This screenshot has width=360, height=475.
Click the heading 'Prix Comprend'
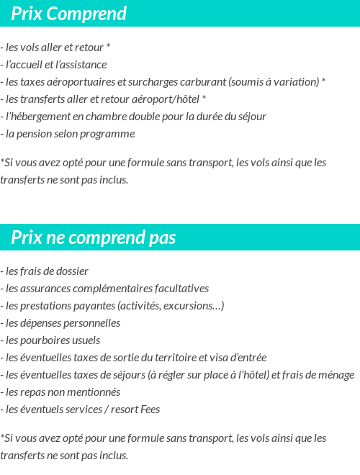tap(69, 14)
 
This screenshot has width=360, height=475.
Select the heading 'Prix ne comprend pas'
tap(94, 237)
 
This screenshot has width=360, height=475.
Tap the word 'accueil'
tap(30, 65)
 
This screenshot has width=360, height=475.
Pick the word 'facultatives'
tap(181, 289)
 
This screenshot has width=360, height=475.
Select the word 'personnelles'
tap(90, 323)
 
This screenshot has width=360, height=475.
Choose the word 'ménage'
tap(335, 375)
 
